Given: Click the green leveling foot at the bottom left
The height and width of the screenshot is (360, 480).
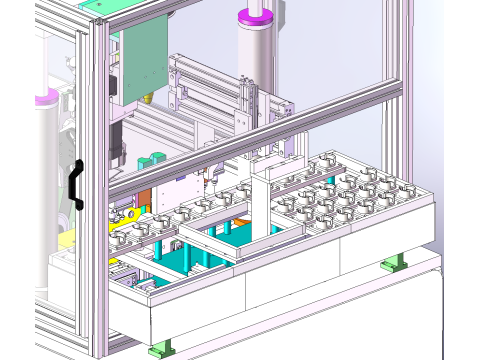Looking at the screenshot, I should point(158,350).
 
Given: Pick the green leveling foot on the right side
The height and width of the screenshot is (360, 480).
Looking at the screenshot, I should point(393,263).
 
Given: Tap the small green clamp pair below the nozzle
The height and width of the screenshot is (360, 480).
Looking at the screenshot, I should point(150,160).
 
